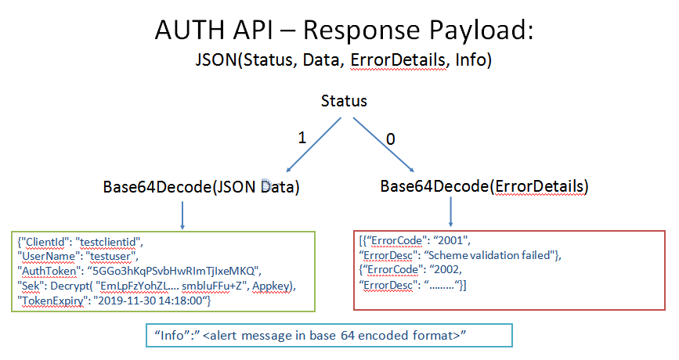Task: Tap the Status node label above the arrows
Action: point(344,102)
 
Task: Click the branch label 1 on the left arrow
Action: point(302,138)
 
